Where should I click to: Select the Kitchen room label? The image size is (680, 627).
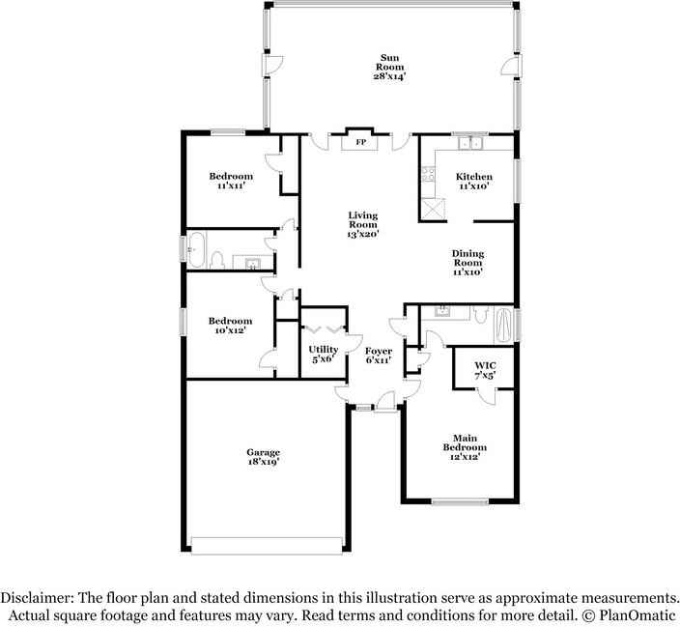(473, 182)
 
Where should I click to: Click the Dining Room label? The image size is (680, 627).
(467, 263)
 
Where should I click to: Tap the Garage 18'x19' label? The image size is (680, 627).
(263, 457)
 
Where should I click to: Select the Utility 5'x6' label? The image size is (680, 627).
(323, 354)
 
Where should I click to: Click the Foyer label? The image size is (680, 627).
(378, 355)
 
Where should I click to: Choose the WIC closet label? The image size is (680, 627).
(485, 370)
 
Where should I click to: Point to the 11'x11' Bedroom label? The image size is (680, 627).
(232, 181)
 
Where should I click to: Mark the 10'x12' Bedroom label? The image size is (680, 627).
(231, 326)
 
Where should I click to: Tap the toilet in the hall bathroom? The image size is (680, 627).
(218, 260)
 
